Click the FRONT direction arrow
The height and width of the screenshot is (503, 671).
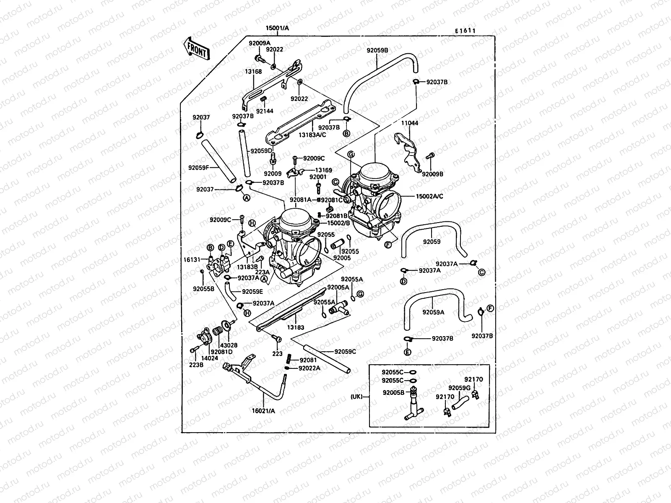(196, 49)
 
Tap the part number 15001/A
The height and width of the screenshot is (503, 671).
(277, 29)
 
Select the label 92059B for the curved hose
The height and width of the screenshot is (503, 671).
(377, 50)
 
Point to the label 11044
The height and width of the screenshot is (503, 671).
(409, 123)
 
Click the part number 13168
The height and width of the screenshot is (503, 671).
(253, 72)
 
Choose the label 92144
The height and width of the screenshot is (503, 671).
(265, 111)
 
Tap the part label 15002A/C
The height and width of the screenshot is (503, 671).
(429, 196)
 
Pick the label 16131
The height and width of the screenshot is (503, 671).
(192, 260)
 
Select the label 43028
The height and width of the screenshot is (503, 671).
(231, 345)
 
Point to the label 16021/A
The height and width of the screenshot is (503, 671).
(264, 411)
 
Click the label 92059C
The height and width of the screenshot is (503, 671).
(345, 352)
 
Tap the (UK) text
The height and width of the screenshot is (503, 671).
(358, 396)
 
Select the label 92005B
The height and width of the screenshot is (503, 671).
(393, 393)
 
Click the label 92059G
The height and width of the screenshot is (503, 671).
(459, 388)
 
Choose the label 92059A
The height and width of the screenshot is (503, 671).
(433, 312)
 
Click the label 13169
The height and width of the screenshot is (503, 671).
(323, 170)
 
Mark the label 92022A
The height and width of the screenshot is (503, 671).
(309, 368)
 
